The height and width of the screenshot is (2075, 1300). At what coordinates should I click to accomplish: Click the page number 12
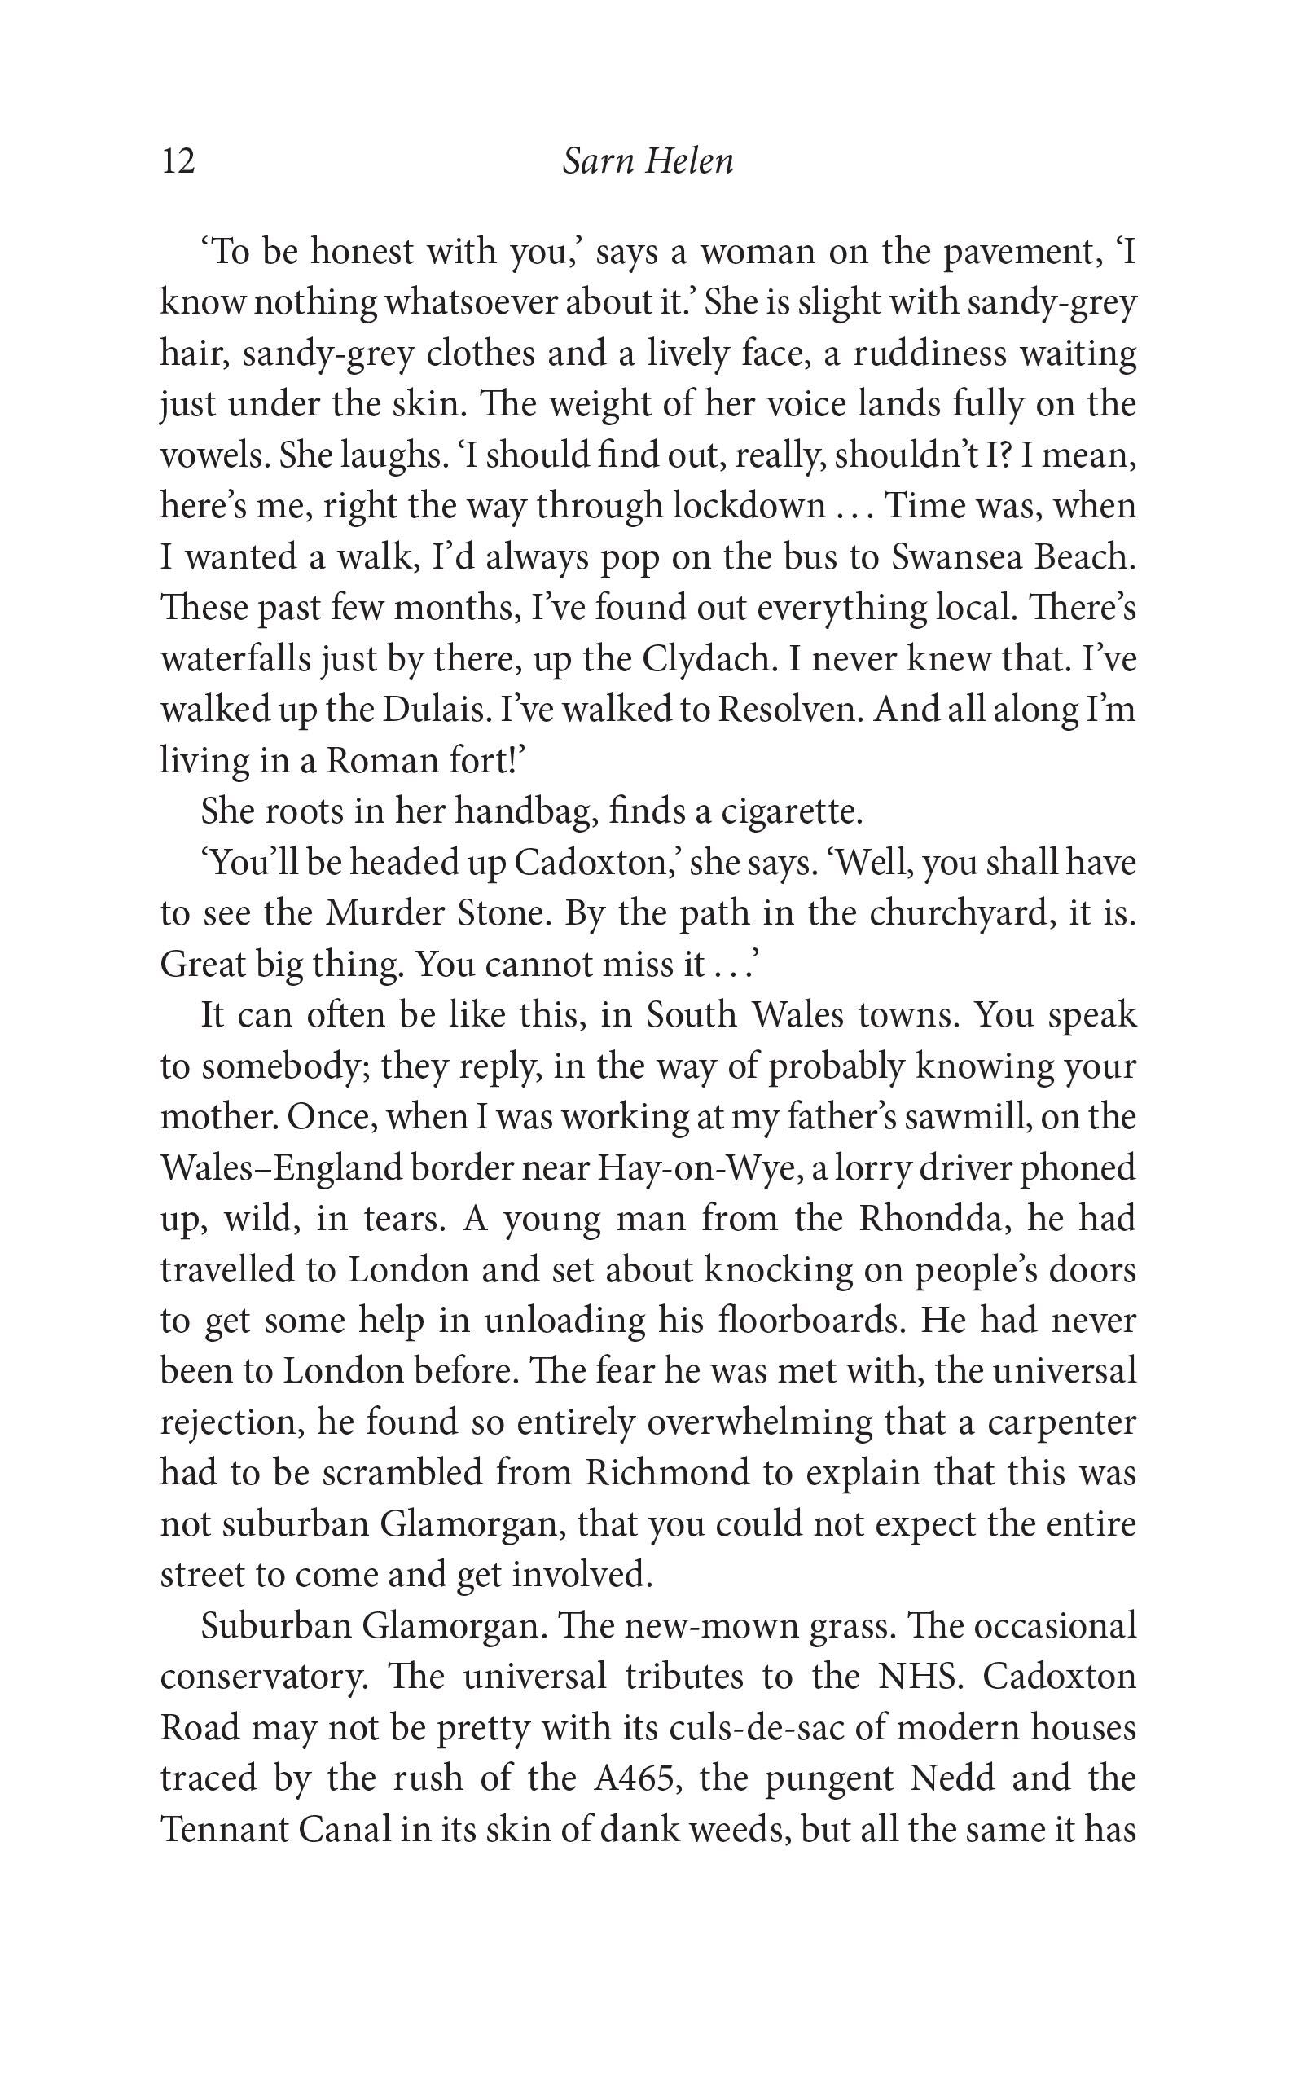(178, 160)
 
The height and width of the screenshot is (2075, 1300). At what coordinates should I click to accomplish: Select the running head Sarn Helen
(648, 160)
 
